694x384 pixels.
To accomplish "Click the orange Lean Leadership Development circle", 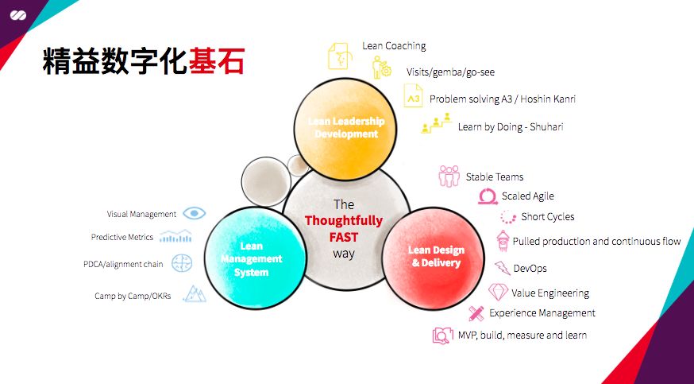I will tap(345, 128).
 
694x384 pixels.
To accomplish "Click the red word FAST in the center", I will tap(344, 237).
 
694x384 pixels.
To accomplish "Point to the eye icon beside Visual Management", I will tap(195, 213).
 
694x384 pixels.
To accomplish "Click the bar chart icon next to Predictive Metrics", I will tap(175, 236).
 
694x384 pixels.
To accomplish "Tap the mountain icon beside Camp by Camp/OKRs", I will tap(195, 295).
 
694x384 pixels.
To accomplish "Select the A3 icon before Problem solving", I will tap(414, 99).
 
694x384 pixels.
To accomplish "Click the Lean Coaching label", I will tap(394, 46).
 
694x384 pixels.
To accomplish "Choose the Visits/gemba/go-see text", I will tap(450, 72).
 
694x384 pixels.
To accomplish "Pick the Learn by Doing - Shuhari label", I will tap(511, 126).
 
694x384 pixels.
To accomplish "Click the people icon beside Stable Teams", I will tap(449, 176).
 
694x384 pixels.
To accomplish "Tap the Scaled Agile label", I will tap(527, 196).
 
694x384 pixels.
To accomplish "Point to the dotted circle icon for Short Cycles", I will tap(508, 217).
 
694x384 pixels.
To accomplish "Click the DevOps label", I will tap(530, 268).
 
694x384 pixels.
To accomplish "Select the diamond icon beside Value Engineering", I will tap(498, 292).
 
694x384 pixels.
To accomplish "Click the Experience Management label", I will tap(542, 313).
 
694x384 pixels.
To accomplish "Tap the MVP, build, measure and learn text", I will tap(522, 335).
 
